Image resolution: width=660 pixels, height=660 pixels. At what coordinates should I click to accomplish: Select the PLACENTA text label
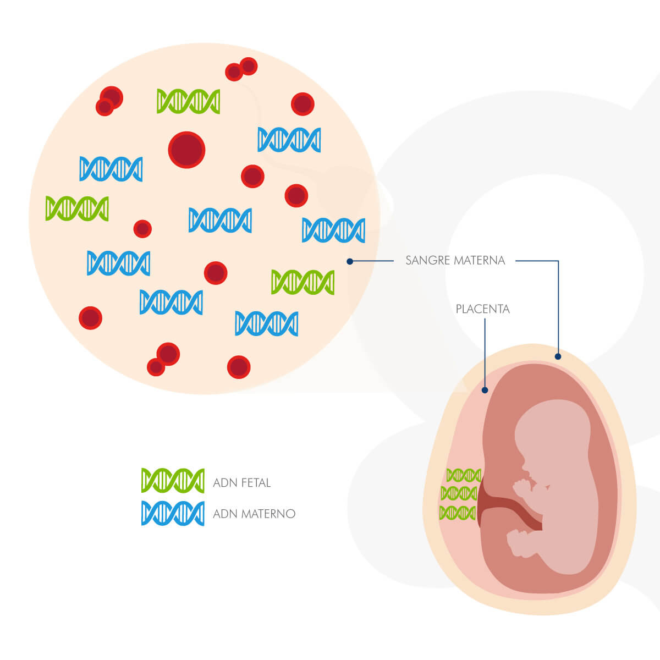[483, 309]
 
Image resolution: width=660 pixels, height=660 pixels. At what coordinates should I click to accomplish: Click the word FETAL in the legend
[256, 483]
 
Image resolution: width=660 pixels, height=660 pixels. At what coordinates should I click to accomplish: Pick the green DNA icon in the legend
[173, 481]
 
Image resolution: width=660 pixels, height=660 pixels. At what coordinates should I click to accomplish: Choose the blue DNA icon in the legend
[173, 513]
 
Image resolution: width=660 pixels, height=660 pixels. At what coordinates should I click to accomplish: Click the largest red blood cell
[186, 150]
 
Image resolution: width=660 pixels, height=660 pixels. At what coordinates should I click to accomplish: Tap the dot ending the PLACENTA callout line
[485, 391]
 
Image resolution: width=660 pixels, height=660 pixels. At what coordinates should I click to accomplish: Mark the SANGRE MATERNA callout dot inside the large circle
[350, 261]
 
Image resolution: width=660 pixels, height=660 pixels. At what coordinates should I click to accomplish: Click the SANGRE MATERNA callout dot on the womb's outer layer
[558, 356]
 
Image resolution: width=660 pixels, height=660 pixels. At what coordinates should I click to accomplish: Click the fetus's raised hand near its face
[520, 486]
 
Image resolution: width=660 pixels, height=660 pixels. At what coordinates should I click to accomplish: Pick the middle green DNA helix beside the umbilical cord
[459, 493]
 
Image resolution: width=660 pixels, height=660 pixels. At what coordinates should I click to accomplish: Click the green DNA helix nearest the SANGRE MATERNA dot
[302, 282]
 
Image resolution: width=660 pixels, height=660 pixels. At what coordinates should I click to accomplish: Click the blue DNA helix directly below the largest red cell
[220, 220]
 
